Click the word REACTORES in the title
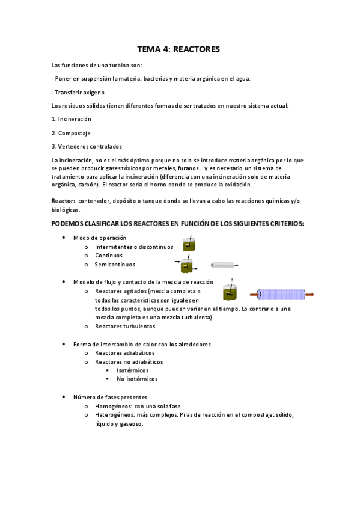coord(196,49)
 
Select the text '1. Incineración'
coord(72,119)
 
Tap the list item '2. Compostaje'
coord(71,133)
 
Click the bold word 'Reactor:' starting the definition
coord(63,200)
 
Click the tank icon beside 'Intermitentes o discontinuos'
coord(191,245)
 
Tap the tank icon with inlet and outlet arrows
coord(189,264)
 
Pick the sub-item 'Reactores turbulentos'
coord(125,327)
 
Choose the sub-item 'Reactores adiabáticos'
coord(124,353)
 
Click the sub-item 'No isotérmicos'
coord(136,379)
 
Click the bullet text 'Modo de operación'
coord(100,238)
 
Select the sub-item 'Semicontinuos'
coord(115,265)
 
